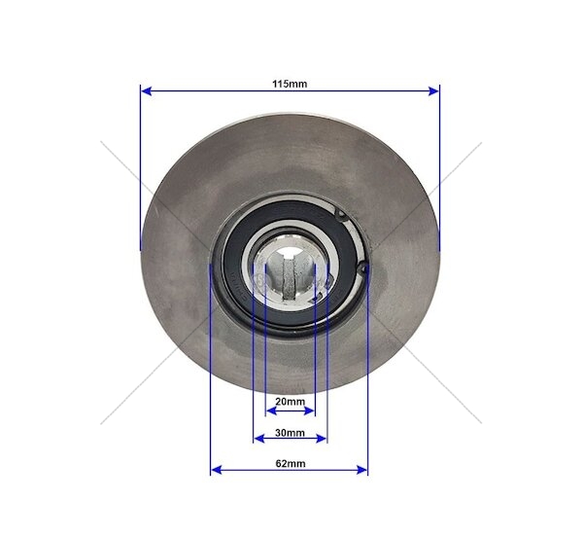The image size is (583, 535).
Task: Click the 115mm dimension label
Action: click(x=290, y=84)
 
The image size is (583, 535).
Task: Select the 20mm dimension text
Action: click(x=290, y=402)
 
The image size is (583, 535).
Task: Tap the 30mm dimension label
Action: click(x=290, y=433)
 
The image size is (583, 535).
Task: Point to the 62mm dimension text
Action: click(x=291, y=464)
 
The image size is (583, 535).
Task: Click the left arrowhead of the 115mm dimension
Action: click(x=146, y=90)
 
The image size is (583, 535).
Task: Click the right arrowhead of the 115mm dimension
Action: click(x=433, y=90)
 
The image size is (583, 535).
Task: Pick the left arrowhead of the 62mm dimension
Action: click(x=216, y=470)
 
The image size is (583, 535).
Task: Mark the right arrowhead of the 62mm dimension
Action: click(x=362, y=470)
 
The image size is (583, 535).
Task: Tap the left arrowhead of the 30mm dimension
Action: click(x=258, y=439)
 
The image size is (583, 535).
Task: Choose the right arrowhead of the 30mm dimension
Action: click(x=322, y=439)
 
